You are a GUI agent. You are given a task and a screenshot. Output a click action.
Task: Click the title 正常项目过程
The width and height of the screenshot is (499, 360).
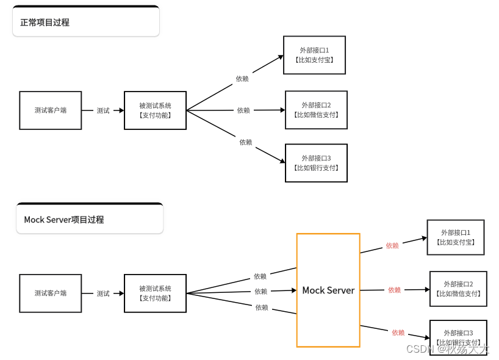45,23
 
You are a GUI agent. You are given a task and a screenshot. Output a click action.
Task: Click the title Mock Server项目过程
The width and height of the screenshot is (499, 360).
64,220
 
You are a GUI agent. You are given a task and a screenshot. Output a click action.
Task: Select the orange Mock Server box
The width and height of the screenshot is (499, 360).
328,290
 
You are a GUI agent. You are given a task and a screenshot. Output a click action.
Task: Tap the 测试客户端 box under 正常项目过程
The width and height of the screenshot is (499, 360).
51,110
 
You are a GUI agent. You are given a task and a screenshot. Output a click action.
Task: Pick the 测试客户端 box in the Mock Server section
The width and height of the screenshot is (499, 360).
51,293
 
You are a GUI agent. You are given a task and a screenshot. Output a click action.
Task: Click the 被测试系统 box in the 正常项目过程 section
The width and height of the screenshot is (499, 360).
155,110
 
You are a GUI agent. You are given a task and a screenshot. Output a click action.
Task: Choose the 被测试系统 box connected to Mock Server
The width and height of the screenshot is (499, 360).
155,293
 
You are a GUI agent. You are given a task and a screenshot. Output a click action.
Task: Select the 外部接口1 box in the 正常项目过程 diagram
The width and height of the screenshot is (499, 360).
315,55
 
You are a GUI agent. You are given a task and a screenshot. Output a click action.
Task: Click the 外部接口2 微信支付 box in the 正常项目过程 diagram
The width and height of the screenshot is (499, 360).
316,110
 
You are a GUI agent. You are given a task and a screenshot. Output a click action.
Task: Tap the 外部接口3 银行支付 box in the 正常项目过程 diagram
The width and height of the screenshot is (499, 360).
316,163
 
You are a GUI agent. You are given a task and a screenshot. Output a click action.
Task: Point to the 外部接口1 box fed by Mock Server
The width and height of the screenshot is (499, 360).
456,237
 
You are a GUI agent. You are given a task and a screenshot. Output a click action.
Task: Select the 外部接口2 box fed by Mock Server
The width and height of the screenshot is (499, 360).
458,289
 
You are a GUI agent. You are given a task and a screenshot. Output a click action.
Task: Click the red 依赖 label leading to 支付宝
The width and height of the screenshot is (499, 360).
392,245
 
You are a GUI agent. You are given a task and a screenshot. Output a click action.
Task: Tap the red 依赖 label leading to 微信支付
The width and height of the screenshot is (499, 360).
395,290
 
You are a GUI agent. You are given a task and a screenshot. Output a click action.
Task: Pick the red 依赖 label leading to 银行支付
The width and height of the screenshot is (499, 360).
398,333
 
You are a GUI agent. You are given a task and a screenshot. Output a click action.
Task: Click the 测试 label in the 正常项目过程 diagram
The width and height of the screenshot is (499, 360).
103,110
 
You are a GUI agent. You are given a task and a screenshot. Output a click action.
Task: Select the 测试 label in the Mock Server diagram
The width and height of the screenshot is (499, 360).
103,293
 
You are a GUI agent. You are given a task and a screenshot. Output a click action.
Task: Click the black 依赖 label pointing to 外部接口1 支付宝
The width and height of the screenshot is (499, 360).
242,79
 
